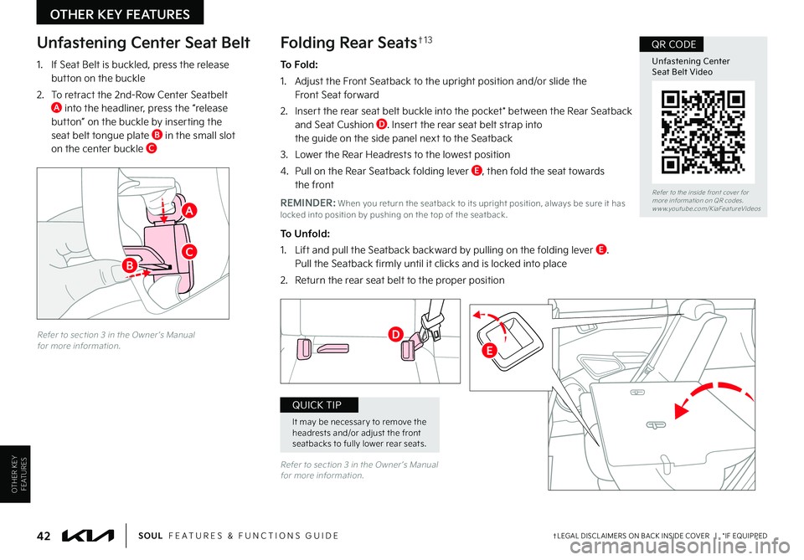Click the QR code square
click(x=703, y=132)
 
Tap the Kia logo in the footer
click(x=88, y=536)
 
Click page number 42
click(x=44, y=536)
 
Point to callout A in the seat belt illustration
click(x=189, y=210)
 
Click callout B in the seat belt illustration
click(x=130, y=265)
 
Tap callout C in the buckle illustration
click(x=189, y=252)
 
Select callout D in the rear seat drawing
click(x=395, y=335)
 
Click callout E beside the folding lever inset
click(x=490, y=351)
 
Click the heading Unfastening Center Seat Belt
click(x=143, y=43)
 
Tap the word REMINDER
click(x=307, y=203)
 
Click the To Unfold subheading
click(x=305, y=234)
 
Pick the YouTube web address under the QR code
click(x=707, y=208)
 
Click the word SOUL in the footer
click(x=150, y=536)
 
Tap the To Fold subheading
click(x=300, y=64)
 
